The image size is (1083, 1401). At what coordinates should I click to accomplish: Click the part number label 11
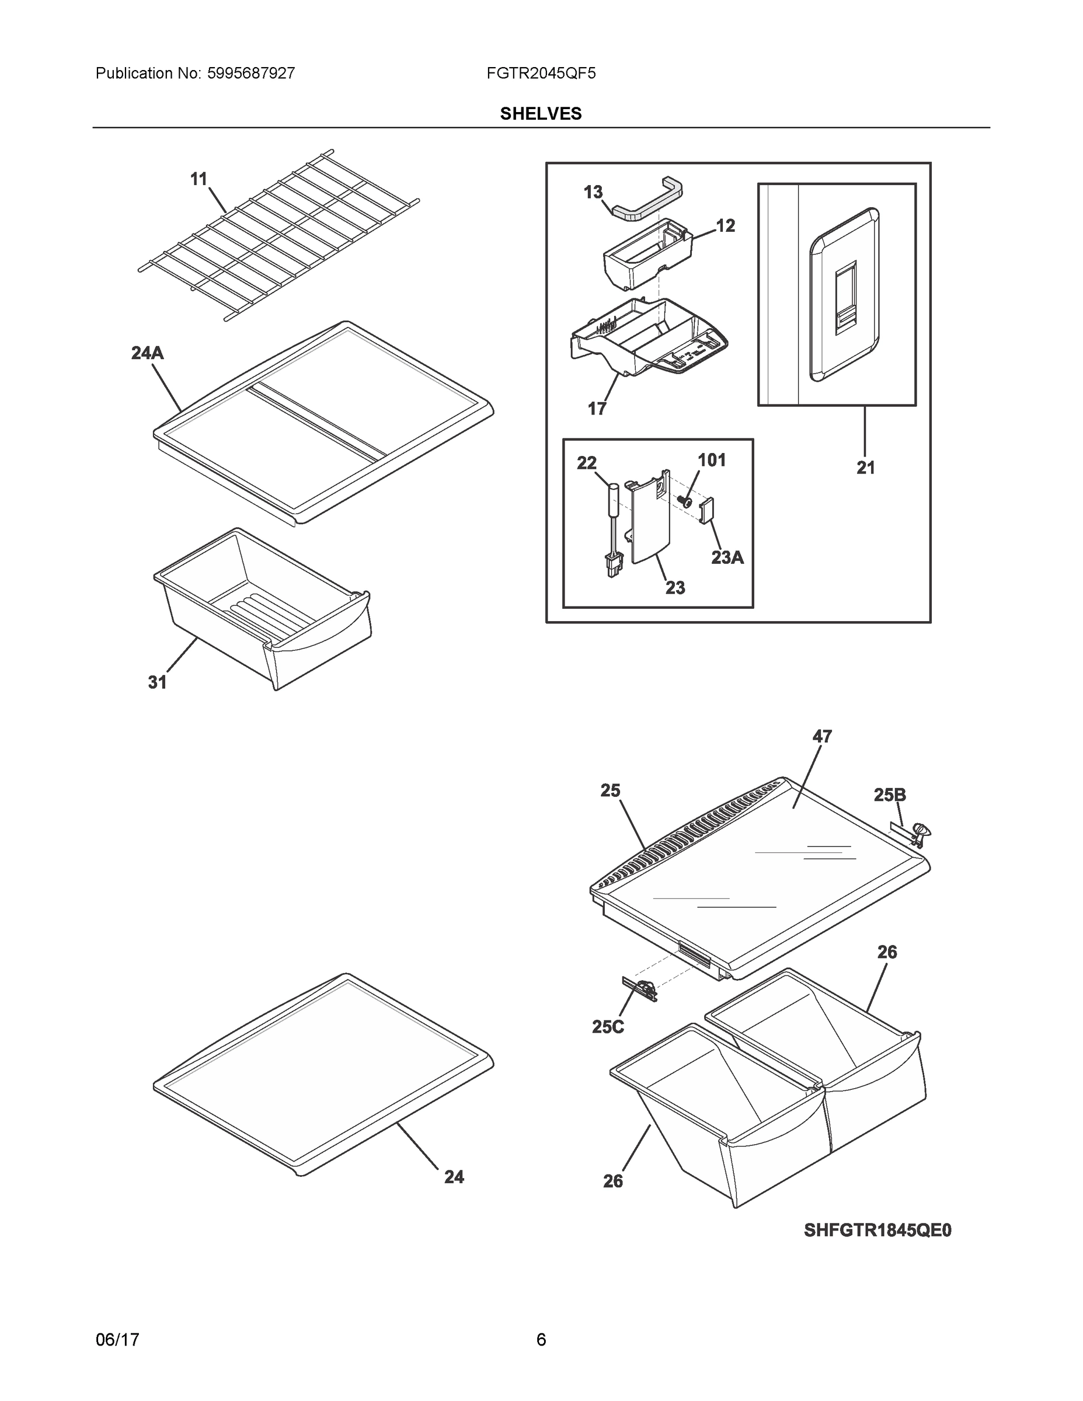(199, 179)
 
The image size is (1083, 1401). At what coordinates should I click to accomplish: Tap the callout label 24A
(148, 353)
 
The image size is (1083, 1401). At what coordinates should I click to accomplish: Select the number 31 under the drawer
(157, 682)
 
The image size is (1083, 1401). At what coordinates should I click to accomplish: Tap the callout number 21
(865, 468)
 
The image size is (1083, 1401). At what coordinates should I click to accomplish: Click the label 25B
(890, 796)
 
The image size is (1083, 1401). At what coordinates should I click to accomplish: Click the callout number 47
(822, 737)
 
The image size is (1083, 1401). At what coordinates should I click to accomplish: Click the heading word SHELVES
(541, 114)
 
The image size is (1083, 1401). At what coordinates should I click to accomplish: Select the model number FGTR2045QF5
(541, 74)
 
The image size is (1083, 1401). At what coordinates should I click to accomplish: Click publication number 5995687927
(251, 74)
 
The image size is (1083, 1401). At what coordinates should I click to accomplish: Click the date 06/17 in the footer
(117, 1340)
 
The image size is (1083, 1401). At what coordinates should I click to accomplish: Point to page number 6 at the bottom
(541, 1340)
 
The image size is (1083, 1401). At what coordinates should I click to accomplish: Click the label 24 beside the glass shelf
(454, 1177)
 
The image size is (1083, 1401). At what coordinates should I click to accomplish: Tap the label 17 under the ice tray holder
(597, 409)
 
